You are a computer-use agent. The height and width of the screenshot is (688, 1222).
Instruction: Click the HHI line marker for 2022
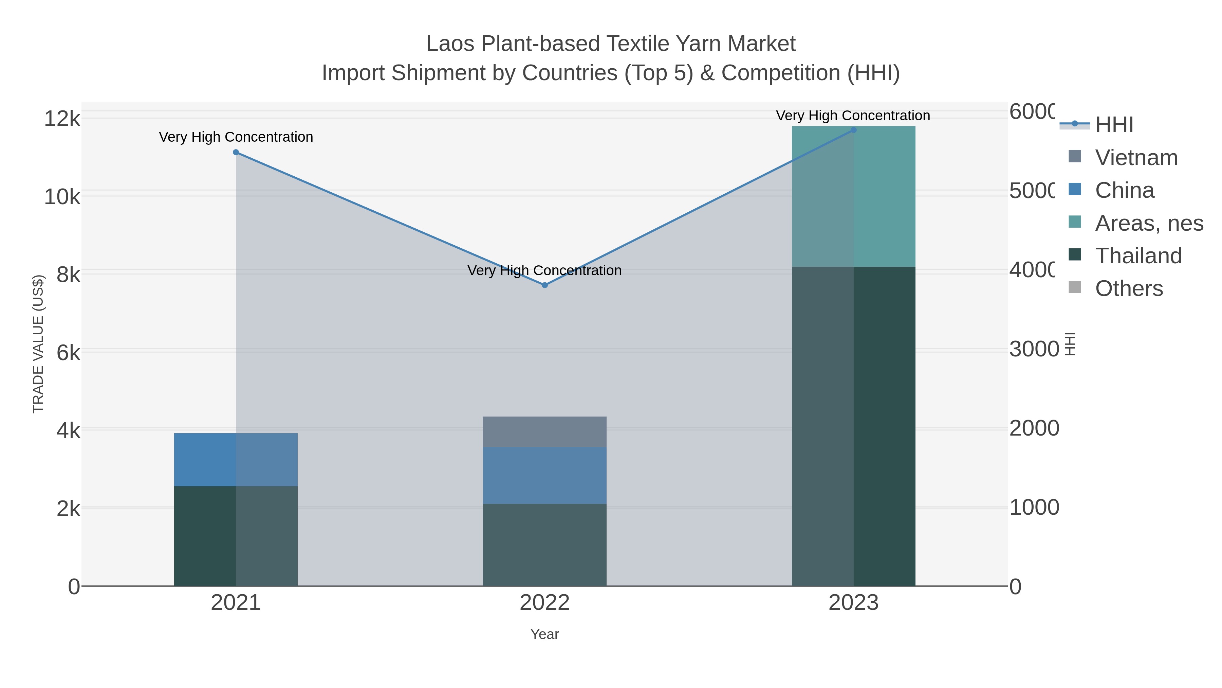tap(544, 285)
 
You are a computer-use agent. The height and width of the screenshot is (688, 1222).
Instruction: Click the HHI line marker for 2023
tap(853, 130)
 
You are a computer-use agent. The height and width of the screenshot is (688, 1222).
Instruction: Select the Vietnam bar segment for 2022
tap(544, 431)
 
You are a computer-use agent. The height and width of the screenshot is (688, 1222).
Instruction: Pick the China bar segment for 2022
tap(544, 475)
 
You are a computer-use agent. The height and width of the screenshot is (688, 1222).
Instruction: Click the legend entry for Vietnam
tap(1136, 158)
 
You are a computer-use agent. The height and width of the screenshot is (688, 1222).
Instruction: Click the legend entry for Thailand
tap(1138, 255)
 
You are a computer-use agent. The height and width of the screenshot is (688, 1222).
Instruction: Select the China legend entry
tap(1124, 190)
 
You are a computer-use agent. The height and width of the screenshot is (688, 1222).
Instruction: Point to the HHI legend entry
tap(1114, 125)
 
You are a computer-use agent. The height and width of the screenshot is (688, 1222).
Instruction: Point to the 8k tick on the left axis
tap(68, 275)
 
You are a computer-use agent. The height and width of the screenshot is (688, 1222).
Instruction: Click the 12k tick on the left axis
tap(62, 118)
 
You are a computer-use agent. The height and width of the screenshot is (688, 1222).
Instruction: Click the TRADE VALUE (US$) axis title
tap(38, 344)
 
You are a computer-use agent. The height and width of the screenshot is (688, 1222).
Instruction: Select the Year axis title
tap(544, 634)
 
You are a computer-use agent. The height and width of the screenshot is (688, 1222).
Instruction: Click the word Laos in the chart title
tap(451, 44)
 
